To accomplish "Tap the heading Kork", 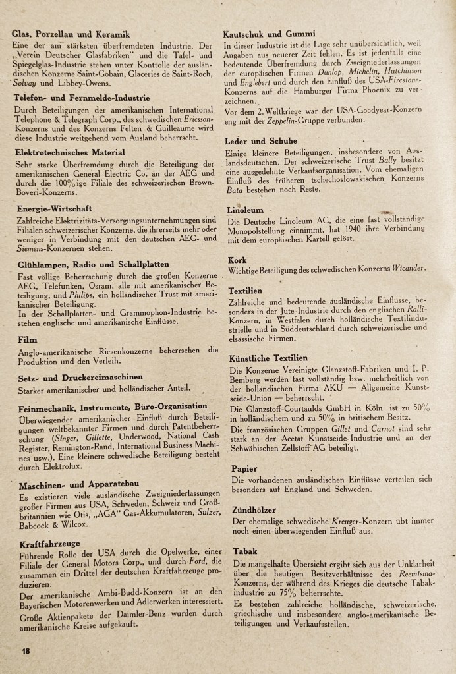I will pyautogui.click(x=238, y=260).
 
